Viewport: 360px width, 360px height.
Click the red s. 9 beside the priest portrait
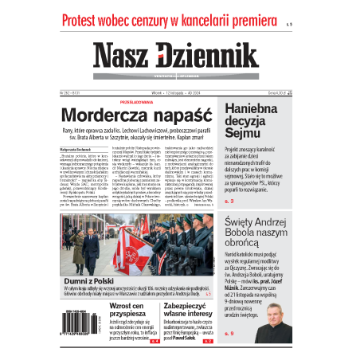[231, 333]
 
